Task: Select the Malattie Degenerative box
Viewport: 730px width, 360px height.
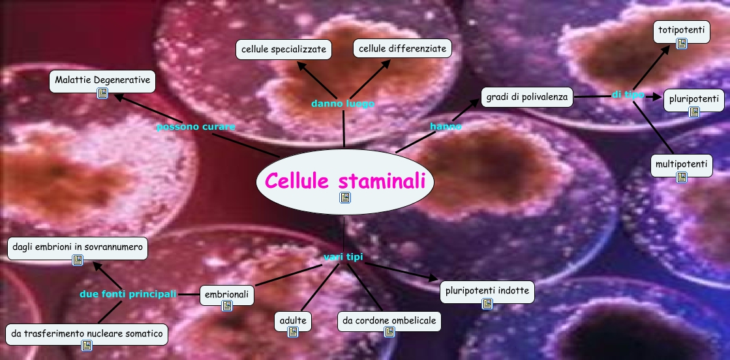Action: click(x=103, y=80)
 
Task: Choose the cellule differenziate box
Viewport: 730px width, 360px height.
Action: click(x=403, y=48)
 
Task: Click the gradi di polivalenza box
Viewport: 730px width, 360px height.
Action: click(x=527, y=98)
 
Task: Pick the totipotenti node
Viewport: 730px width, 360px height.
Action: click(x=682, y=29)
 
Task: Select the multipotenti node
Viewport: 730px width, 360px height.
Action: click(x=682, y=164)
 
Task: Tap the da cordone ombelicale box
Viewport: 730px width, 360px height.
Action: click(x=389, y=320)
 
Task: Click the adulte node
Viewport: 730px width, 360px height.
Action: click(x=293, y=320)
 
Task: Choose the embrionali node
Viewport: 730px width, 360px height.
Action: click(x=226, y=295)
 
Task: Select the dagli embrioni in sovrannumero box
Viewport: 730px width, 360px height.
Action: click(x=78, y=248)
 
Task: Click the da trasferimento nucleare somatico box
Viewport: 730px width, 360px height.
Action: click(x=86, y=334)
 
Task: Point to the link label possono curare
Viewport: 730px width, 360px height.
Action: click(x=196, y=127)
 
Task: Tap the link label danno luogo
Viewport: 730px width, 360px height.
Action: click(x=342, y=103)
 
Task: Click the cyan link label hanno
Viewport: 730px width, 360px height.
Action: click(x=446, y=126)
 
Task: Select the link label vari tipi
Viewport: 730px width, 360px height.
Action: click(x=343, y=257)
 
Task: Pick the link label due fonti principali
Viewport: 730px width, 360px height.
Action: click(x=128, y=294)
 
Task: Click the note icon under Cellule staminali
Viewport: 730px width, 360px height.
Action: click(x=344, y=197)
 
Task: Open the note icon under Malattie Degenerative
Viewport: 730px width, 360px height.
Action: click(x=102, y=93)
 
